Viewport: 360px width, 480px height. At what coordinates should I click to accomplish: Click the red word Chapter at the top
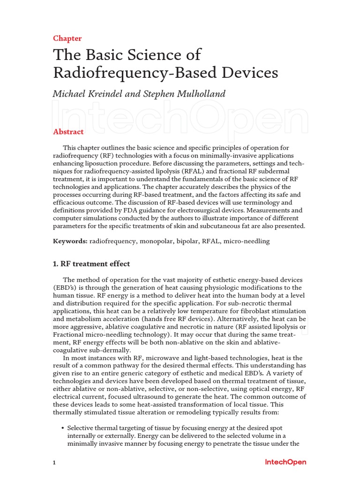[67, 38]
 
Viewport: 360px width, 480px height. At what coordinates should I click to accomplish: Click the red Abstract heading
[68, 132]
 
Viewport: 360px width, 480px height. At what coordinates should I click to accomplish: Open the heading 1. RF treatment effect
[91, 264]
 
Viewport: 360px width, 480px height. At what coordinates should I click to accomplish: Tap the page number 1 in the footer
[54, 463]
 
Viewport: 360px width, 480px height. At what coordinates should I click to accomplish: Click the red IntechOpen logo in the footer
[285, 462]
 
